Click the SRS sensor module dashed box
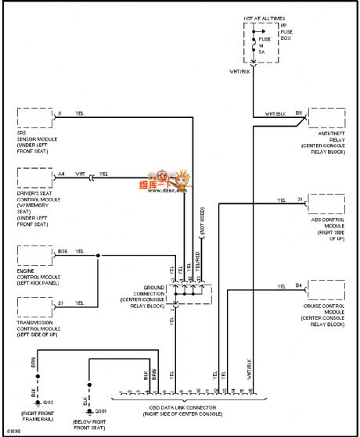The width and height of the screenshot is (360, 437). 34,120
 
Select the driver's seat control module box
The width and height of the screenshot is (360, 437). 34,178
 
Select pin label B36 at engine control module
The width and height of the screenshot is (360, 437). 63,252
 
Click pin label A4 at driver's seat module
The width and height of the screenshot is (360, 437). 62,174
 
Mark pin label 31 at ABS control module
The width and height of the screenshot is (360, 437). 300,199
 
